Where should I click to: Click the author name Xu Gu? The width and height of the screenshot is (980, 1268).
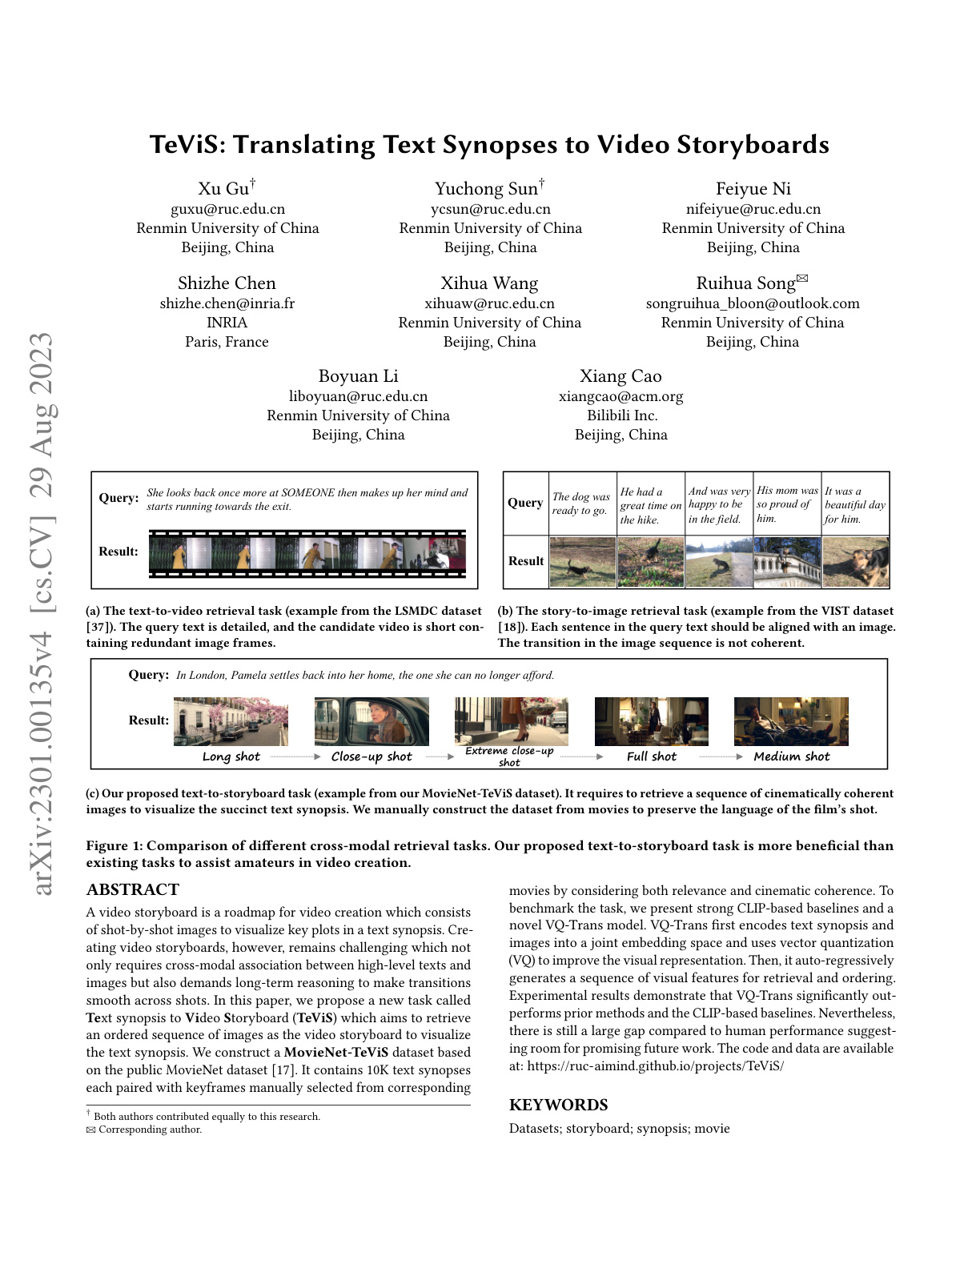coord(223,189)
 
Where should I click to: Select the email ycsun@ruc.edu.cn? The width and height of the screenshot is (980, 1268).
coord(490,209)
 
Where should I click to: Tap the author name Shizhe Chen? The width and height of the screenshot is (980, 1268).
coord(227,283)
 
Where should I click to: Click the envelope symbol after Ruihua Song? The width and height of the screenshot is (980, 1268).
coord(802,279)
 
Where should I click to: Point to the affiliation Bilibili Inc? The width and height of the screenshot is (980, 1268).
coord(621,415)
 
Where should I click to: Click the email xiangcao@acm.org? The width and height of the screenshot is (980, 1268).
coord(621,396)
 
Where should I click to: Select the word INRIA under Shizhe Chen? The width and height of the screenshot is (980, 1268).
coord(227,323)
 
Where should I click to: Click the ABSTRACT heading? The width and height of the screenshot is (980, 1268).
coord(133,889)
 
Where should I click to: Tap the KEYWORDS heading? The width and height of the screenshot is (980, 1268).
coord(558,1105)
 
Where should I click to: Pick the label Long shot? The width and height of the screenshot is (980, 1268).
coord(231,756)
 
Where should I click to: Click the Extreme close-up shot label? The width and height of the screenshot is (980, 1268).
coord(509,756)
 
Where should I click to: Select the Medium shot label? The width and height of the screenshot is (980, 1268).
coord(791,756)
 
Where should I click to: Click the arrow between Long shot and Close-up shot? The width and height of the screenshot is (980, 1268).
coord(295,756)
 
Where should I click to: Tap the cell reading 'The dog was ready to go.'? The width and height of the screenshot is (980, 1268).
coord(581,504)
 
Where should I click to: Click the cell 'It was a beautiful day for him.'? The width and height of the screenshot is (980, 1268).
coord(855,504)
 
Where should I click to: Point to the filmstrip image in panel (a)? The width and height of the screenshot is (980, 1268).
coord(307,553)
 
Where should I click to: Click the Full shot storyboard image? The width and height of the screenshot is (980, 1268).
coord(651,721)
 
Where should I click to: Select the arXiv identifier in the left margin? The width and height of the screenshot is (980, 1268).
coord(40,612)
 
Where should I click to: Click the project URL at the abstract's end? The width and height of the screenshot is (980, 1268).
coord(655,1065)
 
